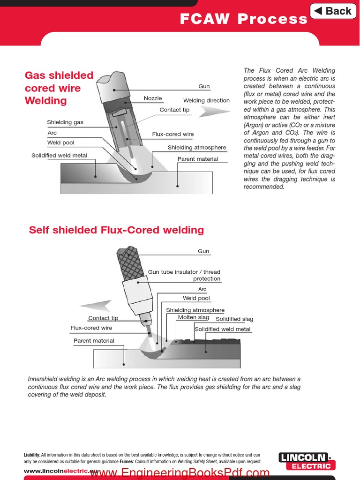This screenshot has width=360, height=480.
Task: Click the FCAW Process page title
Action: tap(244, 19)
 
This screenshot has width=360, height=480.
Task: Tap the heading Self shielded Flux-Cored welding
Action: tap(116, 230)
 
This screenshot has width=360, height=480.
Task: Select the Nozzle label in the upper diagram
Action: tap(153, 98)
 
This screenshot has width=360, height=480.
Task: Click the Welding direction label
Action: tap(206, 100)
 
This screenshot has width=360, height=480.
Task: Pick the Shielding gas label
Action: tap(65, 122)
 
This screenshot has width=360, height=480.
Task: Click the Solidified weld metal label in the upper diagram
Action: tap(59, 156)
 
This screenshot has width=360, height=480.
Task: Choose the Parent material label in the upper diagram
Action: tap(197, 159)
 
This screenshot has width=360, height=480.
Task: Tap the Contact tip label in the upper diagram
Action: tap(174, 110)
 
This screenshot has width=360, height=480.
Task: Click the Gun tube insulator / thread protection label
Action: tap(184, 275)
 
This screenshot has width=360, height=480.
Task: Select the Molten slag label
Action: tap(194, 318)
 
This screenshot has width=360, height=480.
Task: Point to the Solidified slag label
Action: tap(234, 319)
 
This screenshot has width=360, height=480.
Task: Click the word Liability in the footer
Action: tap(32, 455)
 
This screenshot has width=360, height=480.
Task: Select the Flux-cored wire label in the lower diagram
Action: tap(91, 328)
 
